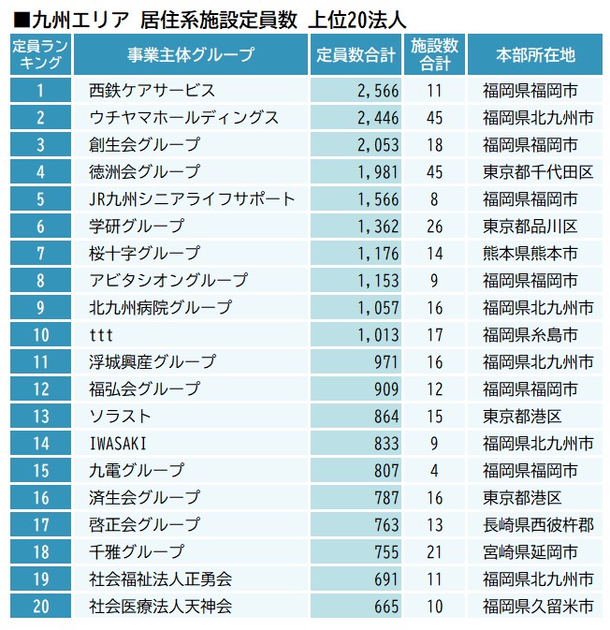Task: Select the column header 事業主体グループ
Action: (191, 55)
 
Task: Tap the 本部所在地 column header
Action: (536, 55)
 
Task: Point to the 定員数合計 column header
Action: (356, 55)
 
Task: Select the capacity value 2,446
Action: (378, 118)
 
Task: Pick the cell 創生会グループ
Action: (144, 145)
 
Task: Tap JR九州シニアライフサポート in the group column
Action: (192, 199)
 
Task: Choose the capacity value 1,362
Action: (378, 227)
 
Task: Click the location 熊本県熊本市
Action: (530, 254)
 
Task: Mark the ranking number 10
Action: (40, 335)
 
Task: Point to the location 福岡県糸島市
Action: (530, 335)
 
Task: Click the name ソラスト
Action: (119, 417)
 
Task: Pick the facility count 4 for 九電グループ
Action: (434, 471)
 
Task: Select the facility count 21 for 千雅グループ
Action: (433, 552)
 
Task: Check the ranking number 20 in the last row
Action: (40, 607)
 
